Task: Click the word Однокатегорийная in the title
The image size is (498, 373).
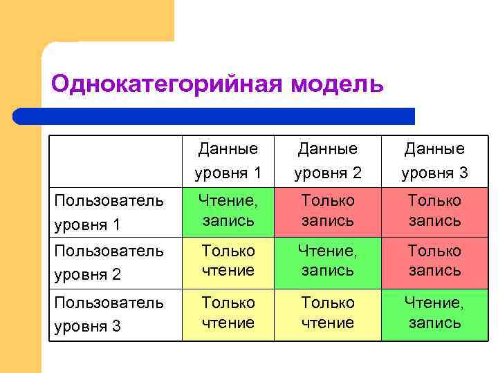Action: [166, 84]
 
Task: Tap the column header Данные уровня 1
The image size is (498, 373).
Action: [228, 160]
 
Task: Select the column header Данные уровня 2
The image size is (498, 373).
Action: [328, 160]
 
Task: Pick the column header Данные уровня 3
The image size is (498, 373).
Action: [434, 160]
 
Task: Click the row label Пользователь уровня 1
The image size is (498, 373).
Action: [109, 212]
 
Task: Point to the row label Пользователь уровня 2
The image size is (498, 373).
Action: [109, 262]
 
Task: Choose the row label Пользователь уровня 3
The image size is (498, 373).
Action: [109, 314]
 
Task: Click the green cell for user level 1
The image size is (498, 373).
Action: [228, 211]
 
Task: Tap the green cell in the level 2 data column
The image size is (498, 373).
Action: [328, 261]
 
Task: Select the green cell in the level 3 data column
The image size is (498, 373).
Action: [434, 313]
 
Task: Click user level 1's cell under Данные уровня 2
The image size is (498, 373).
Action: [328, 211]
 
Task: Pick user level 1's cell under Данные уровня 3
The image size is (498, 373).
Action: [434, 211]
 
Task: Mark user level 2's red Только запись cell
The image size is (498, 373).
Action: [434, 261]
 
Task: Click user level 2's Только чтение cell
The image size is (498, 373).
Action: [228, 261]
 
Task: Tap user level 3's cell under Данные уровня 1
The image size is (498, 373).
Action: [228, 313]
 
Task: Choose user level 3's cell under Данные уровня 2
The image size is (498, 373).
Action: [328, 313]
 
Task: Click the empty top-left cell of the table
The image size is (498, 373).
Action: [115, 160]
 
